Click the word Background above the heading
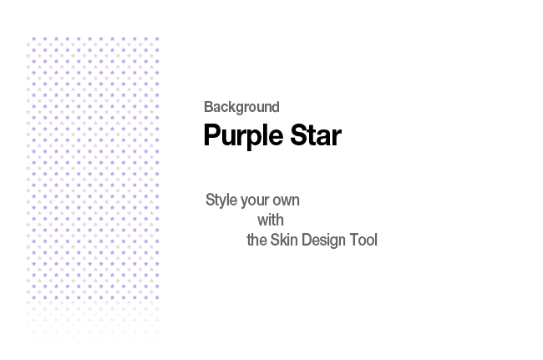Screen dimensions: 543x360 click(241, 107)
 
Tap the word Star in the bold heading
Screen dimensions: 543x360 click(316, 135)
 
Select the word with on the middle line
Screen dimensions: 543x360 click(271, 221)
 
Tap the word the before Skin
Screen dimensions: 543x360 click(256, 240)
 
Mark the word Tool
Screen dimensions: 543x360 click(363, 240)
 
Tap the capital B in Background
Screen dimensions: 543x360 click(209, 107)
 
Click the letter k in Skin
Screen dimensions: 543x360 click(284, 240)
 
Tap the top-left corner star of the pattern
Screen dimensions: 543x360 click(33, 38)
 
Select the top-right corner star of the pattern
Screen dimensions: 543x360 click(157, 38)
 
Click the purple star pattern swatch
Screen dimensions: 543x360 click(93, 190)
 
